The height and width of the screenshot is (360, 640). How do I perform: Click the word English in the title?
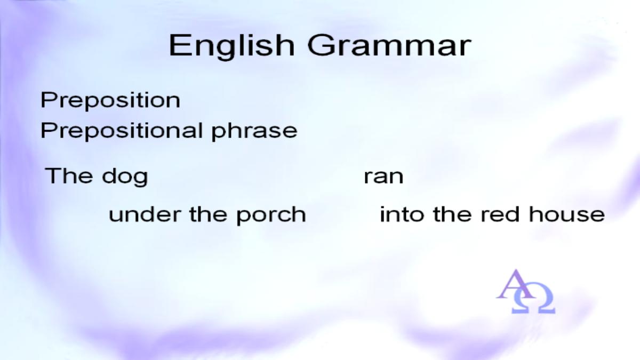[231, 46]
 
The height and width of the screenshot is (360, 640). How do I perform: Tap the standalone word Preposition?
[110, 100]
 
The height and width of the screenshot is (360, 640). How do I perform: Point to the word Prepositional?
[122, 131]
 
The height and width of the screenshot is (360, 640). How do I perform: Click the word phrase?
[254, 132]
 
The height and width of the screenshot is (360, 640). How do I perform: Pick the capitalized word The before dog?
[69, 175]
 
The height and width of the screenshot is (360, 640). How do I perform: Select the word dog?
[125, 177]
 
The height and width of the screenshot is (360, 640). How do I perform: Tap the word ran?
[383, 177]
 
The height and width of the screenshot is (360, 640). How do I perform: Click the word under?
[145, 214]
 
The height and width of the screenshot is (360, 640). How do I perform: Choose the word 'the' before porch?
[208, 214]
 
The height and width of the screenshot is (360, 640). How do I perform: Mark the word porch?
[271, 215]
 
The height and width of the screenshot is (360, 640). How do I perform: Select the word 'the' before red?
[452, 214]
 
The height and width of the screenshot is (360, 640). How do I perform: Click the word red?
[500, 214]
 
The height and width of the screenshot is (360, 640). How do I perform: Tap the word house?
[567, 214]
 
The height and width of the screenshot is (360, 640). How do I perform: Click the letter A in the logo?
[515, 284]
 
